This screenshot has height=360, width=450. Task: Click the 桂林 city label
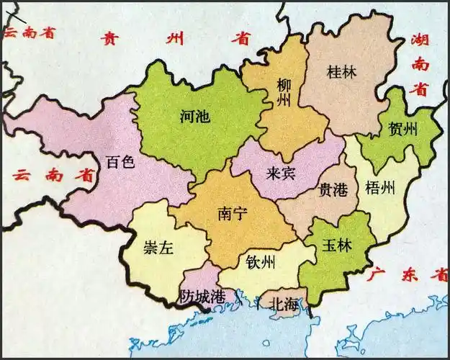point(341,73)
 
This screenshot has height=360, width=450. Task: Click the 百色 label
point(120,161)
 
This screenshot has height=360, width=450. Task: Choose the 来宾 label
point(282,173)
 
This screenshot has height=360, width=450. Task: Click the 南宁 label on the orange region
point(233,214)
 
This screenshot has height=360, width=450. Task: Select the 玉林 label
point(336,245)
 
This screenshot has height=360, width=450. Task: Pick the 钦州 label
point(260,261)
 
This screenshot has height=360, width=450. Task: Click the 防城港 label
point(202,296)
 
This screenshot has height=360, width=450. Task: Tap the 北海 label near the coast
point(282,305)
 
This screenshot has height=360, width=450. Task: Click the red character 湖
point(420,40)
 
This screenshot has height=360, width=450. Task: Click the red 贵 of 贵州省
point(110,38)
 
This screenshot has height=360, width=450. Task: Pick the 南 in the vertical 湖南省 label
point(420,64)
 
